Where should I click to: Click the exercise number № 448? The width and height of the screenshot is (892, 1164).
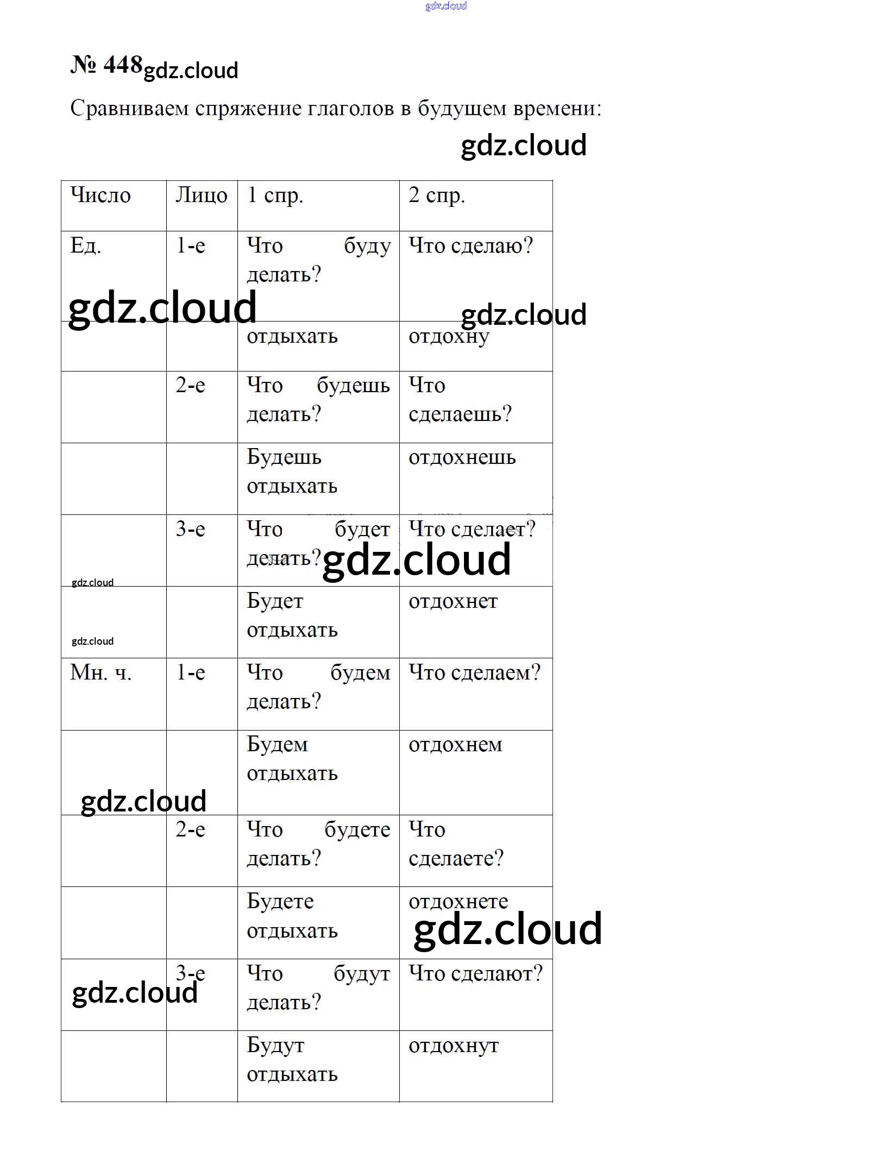pyautogui.click(x=106, y=65)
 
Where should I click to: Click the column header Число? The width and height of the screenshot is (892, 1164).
pyautogui.click(x=100, y=196)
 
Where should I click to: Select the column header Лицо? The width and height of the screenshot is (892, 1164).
pyautogui.click(x=201, y=196)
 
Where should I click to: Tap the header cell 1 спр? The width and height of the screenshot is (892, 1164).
pyautogui.click(x=275, y=196)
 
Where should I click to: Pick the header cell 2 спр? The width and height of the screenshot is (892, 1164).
pyautogui.click(x=437, y=196)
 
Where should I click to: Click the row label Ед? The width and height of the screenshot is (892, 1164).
pyautogui.click(x=86, y=246)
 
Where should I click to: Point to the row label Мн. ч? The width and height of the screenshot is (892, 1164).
pyautogui.click(x=101, y=673)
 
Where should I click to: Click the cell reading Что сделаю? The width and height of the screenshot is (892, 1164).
pyautogui.click(x=470, y=246)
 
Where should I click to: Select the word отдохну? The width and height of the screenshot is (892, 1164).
pyautogui.click(x=449, y=337)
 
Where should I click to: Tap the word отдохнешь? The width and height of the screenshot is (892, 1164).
pyautogui.click(x=462, y=457)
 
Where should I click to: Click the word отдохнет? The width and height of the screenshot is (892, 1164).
pyautogui.click(x=453, y=601)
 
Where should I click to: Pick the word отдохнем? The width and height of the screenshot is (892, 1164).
pyautogui.click(x=455, y=745)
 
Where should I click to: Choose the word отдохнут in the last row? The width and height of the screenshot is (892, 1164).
pyautogui.click(x=454, y=1046)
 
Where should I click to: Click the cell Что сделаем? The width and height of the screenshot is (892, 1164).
pyautogui.click(x=474, y=673)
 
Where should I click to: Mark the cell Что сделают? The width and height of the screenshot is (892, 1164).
pyautogui.click(x=475, y=974)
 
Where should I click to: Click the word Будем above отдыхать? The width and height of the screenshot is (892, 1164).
pyautogui.click(x=277, y=745)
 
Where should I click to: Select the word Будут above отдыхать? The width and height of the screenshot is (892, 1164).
pyautogui.click(x=275, y=1046)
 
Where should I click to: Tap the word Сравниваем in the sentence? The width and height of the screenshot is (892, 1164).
pyautogui.click(x=129, y=109)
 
